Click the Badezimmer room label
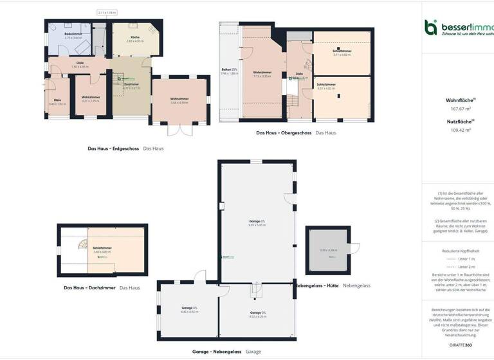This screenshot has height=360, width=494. click(73, 34)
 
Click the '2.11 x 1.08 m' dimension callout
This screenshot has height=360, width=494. click(107, 12)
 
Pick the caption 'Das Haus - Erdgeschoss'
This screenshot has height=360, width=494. click(113, 148)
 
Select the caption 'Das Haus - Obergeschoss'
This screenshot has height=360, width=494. click(284, 133)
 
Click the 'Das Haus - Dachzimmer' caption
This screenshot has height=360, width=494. click(89, 287)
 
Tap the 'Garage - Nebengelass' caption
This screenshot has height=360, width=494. click(216, 352)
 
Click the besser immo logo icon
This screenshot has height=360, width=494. click(431, 27)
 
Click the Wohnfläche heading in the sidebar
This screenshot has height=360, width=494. click(459, 100)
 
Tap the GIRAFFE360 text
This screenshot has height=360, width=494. click(459, 345)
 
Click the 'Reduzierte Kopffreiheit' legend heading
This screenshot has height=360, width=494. click(459, 251)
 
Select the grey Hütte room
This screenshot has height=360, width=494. click(328, 251)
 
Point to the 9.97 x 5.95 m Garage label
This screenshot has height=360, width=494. click(257, 223)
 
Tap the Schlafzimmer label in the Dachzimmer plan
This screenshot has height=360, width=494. click(102, 248)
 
